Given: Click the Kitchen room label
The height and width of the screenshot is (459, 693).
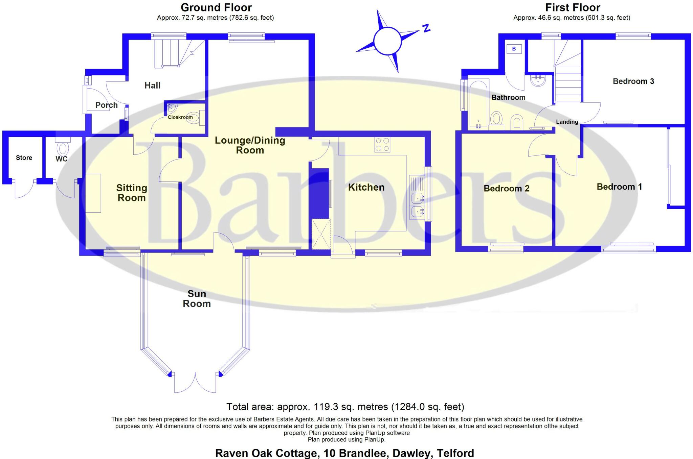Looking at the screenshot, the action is [366, 187].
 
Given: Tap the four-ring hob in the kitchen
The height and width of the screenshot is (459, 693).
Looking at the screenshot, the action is [382, 145].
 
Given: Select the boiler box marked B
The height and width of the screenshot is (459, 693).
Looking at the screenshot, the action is [514, 49].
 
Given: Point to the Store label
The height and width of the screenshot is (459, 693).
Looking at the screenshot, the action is [24, 158].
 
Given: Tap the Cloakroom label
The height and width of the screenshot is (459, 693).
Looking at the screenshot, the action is [180, 117].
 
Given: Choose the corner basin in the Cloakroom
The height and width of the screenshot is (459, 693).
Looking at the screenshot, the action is [172, 108].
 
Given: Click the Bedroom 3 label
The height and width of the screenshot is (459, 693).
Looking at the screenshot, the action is [633, 81].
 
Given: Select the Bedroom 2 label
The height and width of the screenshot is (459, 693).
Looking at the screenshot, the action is [507, 189].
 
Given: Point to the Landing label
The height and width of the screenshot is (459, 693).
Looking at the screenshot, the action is [567, 122].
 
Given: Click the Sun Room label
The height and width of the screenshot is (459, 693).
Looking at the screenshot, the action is [197, 299].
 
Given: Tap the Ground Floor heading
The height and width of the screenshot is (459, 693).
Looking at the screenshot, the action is [216, 7].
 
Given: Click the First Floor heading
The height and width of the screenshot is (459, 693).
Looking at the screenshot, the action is [573, 7].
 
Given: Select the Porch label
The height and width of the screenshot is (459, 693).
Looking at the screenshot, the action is [107, 105].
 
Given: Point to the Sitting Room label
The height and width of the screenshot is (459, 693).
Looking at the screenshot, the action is [132, 193].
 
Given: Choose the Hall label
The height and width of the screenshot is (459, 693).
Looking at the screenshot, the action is [153, 86].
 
